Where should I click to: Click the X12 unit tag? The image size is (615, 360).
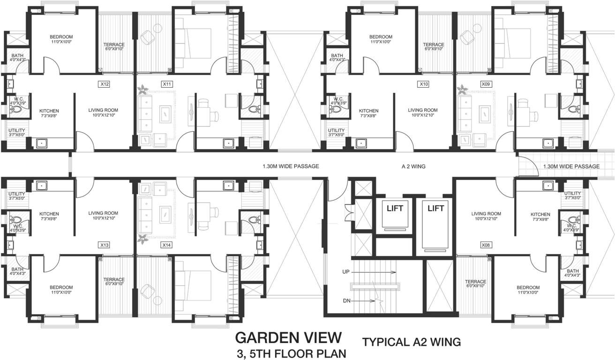pyautogui.click(x=105, y=84)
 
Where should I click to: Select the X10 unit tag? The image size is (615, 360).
pyautogui.click(x=424, y=84)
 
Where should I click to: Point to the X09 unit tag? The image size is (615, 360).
pyautogui.click(x=486, y=84)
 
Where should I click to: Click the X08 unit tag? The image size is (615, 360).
pyautogui.click(x=486, y=245)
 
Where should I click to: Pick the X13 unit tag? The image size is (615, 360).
pyautogui.click(x=105, y=245)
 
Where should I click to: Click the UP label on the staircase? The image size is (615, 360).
pyautogui.click(x=346, y=272)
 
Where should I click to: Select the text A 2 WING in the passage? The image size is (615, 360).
pyautogui.click(x=413, y=166)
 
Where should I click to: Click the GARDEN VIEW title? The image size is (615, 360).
pyautogui.click(x=288, y=337)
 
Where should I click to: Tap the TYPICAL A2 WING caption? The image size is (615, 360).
pyautogui.click(x=412, y=343)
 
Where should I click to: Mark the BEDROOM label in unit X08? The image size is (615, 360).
pyautogui.click(x=528, y=287)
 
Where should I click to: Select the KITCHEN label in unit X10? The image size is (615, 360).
pyautogui.click(x=368, y=111)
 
